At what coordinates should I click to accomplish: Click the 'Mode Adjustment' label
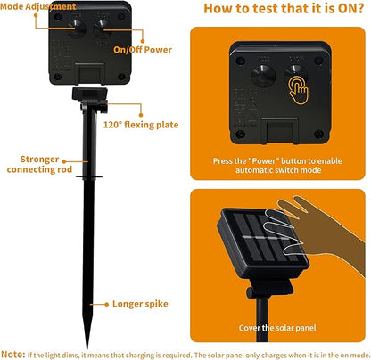click(38, 6)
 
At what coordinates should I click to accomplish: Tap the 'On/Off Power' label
click(143, 50)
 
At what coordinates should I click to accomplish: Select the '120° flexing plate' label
click(141, 125)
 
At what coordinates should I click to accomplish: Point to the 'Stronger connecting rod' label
click(39, 164)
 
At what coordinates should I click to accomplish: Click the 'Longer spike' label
click(140, 304)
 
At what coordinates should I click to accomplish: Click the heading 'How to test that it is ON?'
click(284, 8)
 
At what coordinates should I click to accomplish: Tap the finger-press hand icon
click(299, 90)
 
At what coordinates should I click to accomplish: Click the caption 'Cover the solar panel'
click(277, 328)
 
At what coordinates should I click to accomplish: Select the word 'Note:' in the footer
click(13, 355)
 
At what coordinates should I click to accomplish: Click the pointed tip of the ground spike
click(87, 348)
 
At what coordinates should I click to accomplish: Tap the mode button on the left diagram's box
click(77, 29)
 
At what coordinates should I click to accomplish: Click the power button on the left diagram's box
click(102, 29)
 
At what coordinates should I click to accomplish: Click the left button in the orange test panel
click(263, 76)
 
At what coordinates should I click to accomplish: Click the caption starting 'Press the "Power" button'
click(277, 166)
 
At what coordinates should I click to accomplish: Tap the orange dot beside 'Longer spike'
click(107, 304)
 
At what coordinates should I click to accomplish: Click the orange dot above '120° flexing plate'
click(141, 115)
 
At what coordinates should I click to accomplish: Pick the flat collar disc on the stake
click(89, 177)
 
